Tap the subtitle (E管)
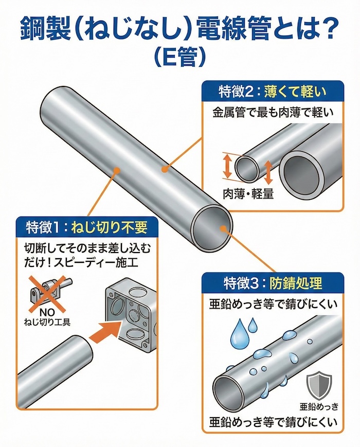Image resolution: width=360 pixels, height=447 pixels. tap(180, 57)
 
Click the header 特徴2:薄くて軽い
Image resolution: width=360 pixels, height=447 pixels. tap(273, 93)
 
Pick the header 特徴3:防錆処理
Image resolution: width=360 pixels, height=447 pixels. tap(273, 283)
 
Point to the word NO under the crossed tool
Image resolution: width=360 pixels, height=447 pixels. tap(47, 313)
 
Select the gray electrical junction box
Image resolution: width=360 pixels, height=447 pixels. tap(132, 319)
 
